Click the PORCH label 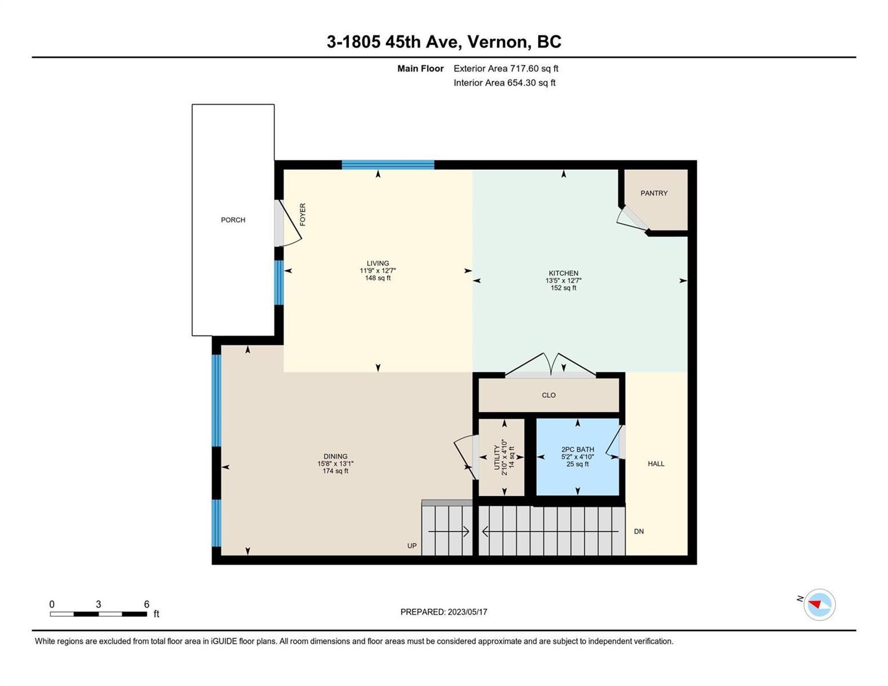[x=233, y=220]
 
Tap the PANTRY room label [x=654, y=193]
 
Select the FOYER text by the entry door [x=303, y=214]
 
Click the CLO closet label [x=548, y=395]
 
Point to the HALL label [x=656, y=464]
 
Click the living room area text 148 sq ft [x=377, y=278]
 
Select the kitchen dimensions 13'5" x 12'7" [x=563, y=281]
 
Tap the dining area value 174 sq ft [x=335, y=471]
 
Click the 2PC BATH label [x=578, y=449]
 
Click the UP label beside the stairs [x=412, y=546]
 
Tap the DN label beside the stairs [x=639, y=532]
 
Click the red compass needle [x=814, y=604]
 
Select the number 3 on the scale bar [x=98, y=604]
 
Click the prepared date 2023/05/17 [x=467, y=612]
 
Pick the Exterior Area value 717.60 [x=524, y=69]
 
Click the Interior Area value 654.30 [x=521, y=83]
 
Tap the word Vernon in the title [x=496, y=42]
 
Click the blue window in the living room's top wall [x=388, y=165]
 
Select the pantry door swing [x=631, y=221]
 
